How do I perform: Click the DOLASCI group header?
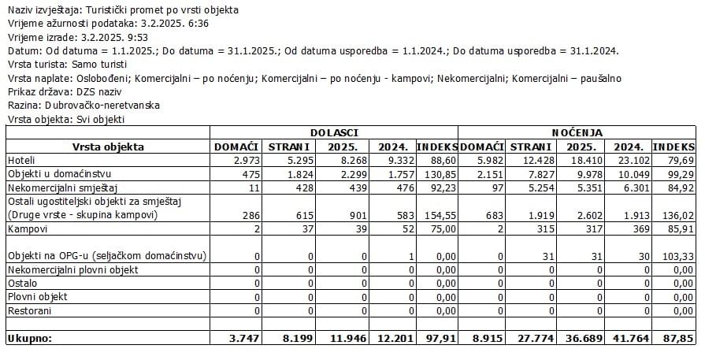point(334,132)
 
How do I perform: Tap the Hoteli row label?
point(23,160)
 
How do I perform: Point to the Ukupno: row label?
point(29,338)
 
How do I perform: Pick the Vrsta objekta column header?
point(108,147)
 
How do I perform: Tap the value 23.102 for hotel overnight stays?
point(631,160)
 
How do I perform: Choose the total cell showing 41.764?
point(629,338)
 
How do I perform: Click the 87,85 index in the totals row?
point(678,338)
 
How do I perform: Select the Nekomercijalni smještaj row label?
point(60,187)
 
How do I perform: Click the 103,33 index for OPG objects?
point(677,256)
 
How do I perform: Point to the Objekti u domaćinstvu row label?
point(58,173)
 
